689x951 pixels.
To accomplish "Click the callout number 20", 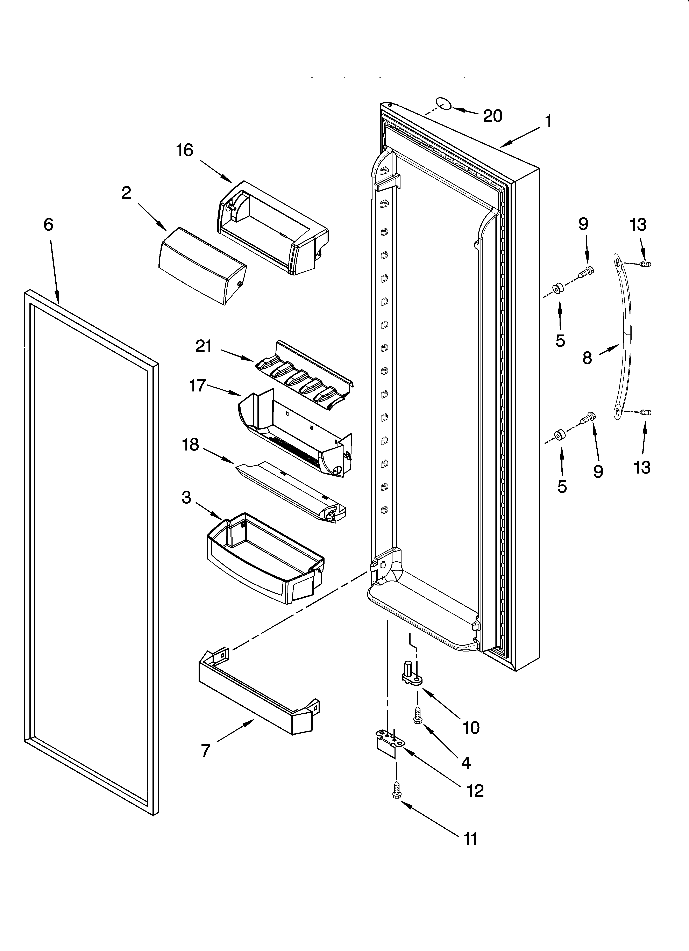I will pyautogui.click(x=493, y=116).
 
